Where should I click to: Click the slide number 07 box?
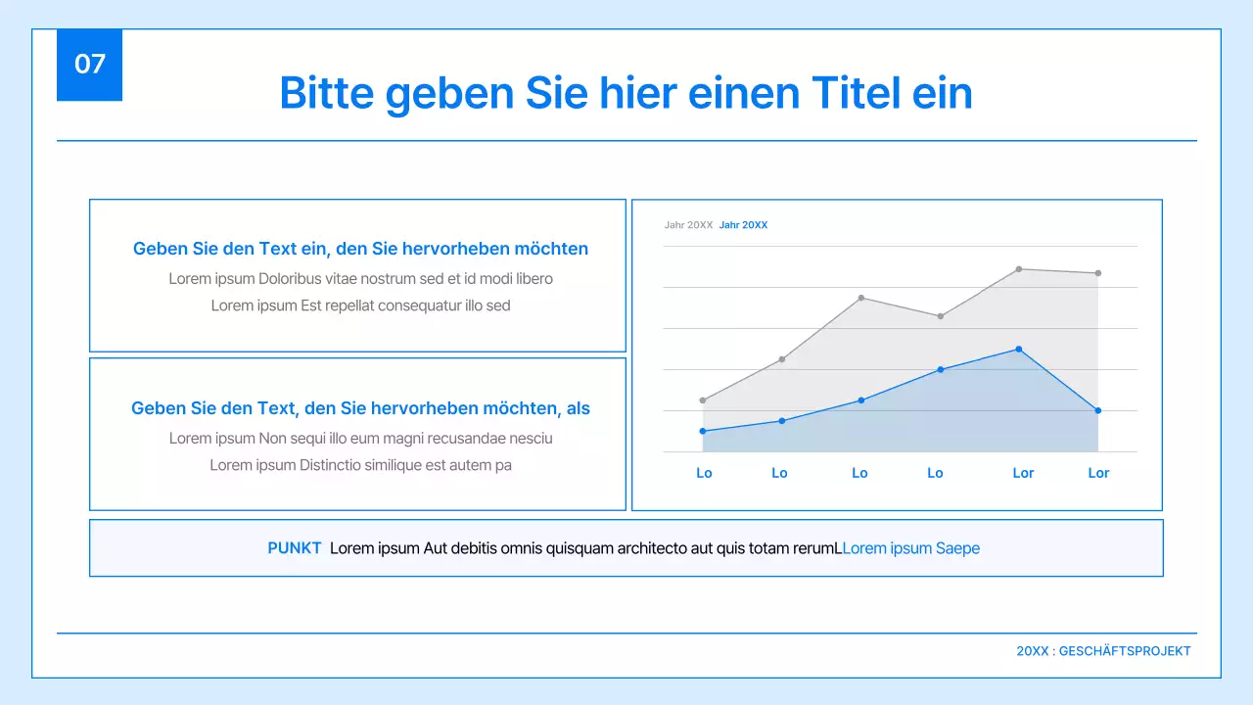[x=89, y=65]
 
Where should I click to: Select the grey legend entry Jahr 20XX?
[x=688, y=225]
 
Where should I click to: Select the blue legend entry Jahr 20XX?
[x=743, y=225]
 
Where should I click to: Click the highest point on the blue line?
[x=1019, y=350]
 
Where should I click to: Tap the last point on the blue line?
[x=1098, y=411]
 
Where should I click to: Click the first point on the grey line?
[x=703, y=400]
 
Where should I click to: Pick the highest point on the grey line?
[x=1019, y=269]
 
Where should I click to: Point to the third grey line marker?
[x=860, y=298]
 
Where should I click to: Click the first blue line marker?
[x=703, y=432]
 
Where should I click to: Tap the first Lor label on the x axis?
[x=1023, y=474]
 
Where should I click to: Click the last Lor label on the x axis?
[x=1098, y=474]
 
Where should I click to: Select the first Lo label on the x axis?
[x=704, y=474]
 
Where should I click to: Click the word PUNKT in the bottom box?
[x=295, y=549]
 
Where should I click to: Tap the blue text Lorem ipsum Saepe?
[x=910, y=549]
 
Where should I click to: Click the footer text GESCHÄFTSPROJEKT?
[x=1125, y=651]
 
